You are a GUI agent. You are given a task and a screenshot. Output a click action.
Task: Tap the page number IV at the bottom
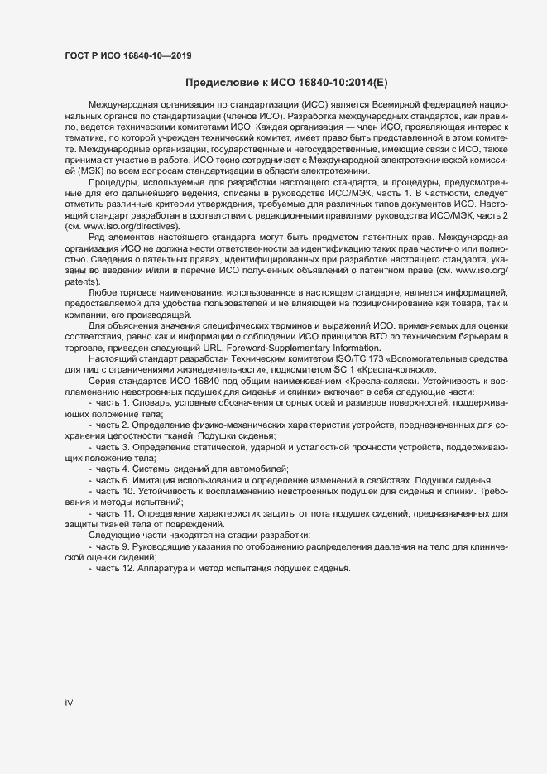point(69,703)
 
